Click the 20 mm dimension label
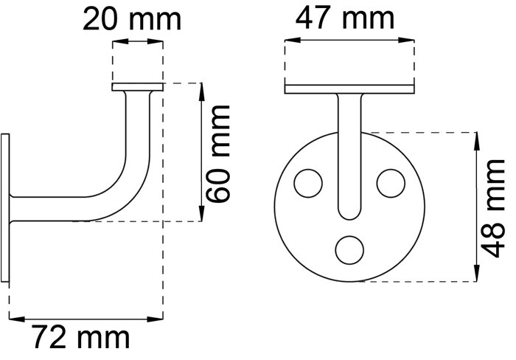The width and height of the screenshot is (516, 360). tap(132, 19)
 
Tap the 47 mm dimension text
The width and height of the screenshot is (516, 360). tap(344, 18)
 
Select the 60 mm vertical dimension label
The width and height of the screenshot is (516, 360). tap(217, 153)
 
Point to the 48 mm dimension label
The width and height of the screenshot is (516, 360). tap(492, 208)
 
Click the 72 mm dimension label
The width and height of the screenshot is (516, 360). tap(81, 337)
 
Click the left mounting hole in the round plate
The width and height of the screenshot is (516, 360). tap(308, 184)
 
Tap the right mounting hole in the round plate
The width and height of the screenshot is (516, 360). tap(391, 184)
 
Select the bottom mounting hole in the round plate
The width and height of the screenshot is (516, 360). tap(349, 249)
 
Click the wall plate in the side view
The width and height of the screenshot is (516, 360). tap(5, 208)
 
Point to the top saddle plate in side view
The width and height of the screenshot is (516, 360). tap(138, 87)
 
